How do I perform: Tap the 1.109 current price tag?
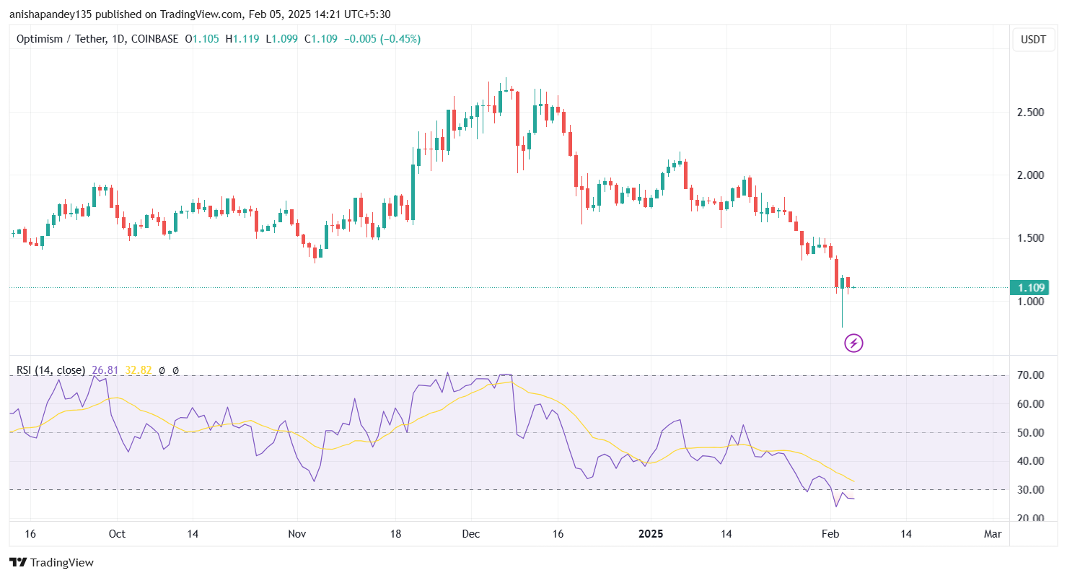(1030, 288)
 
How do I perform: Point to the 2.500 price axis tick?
(1031, 113)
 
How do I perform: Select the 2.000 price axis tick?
(1031, 175)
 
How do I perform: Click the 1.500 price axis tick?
(1031, 238)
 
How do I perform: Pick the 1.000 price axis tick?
(1031, 301)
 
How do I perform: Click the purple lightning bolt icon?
(853, 343)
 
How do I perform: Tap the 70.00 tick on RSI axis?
(1031, 375)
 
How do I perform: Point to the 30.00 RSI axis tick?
(1031, 490)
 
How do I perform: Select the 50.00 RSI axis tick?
(1031, 433)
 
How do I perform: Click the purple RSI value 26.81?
(105, 370)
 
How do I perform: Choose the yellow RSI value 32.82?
(139, 370)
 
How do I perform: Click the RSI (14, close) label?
(51, 370)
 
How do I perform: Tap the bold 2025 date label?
(651, 534)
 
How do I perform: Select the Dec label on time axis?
(470, 534)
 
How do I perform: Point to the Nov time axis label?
(297, 534)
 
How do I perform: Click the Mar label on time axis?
(993, 534)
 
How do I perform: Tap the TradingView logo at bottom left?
(51, 562)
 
